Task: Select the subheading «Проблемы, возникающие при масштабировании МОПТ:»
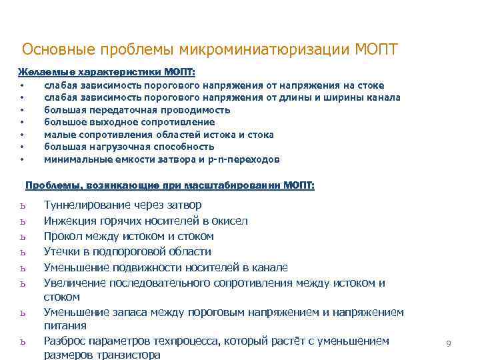[x=169, y=185]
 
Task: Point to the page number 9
[x=449, y=343]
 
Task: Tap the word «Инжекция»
[x=69, y=221]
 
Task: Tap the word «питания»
[x=65, y=325]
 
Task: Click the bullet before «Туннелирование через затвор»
[x=23, y=205]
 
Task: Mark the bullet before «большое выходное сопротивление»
[x=23, y=123]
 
